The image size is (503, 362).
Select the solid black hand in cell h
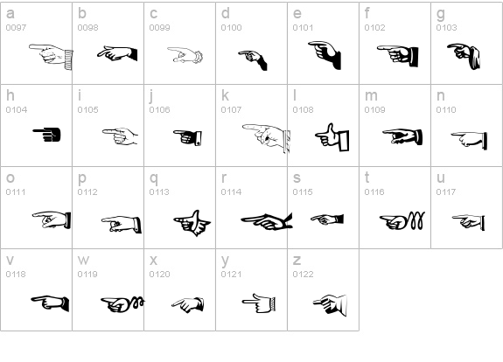click(x=47, y=135)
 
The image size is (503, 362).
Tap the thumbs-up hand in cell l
click(x=332, y=137)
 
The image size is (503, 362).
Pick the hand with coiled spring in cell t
click(x=402, y=220)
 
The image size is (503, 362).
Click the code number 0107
click(x=231, y=110)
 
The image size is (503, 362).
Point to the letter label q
click(x=154, y=178)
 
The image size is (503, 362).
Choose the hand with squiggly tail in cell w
click(x=122, y=304)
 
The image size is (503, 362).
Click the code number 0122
click(x=303, y=275)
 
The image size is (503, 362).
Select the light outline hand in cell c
click(x=185, y=55)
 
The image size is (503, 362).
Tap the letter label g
click(x=441, y=15)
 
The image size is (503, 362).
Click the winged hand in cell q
click(x=192, y=223)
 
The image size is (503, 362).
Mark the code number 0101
click(x=303, y=28)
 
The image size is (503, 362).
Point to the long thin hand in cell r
click(x=267, y=221)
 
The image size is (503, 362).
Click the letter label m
click(x=371, y=95)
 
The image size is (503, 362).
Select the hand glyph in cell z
click(x=330, y=305)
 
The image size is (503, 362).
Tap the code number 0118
click(x=16, y=275)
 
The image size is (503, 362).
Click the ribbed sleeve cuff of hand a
click(x=68, y=59)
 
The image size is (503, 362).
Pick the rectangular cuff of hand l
click(x=344, y=140)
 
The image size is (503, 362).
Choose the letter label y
click(x=225, y=261)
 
